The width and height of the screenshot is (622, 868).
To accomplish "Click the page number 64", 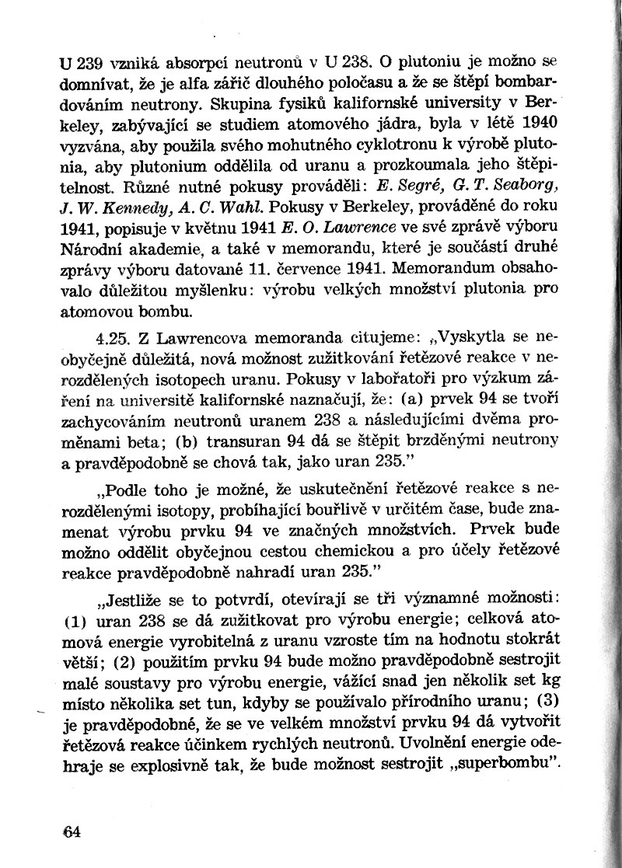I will click(x=72, y=831).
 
